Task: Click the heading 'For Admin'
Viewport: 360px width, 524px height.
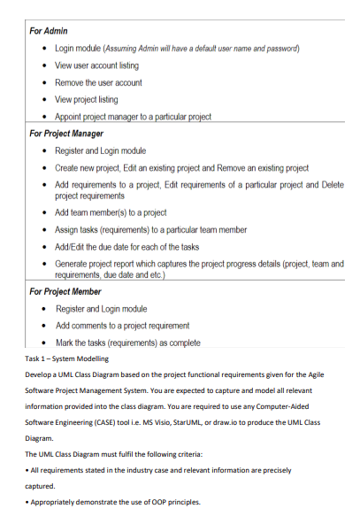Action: (49, 30)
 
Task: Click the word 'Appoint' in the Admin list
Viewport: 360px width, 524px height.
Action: (70, 116)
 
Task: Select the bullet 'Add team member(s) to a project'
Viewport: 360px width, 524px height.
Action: (111, 212)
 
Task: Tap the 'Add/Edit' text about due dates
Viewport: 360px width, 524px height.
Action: (73, 247)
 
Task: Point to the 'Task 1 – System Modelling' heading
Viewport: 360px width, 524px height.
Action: (66, 358)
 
